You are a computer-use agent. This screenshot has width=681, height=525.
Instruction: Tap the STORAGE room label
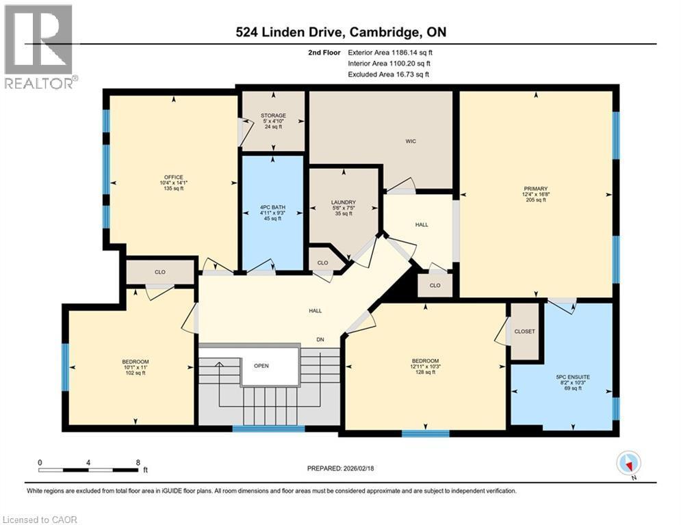pyautogui.click(x=272, y=116)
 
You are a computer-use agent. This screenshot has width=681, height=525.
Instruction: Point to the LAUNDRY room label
pyautogui.click(x=343, y=202)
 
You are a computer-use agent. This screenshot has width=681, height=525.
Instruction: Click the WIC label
pyautogui.click(x=411, y=142)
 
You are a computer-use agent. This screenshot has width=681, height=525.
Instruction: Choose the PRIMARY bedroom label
pyautogui.click(x=537, y=189)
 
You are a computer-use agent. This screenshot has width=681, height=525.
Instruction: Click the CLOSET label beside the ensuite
pyautogui.click(x=524, y=332)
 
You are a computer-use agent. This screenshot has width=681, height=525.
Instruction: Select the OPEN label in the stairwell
pyautogui.click(x=261, y=366)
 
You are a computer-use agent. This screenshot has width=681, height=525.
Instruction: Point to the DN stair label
pyautogui.click(x=320, y=339)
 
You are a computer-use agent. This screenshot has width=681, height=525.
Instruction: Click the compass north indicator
pyautogui.click(x=628, y=463)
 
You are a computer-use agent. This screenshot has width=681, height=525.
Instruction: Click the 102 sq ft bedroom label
pyautogui.click(x=136, y=362)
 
